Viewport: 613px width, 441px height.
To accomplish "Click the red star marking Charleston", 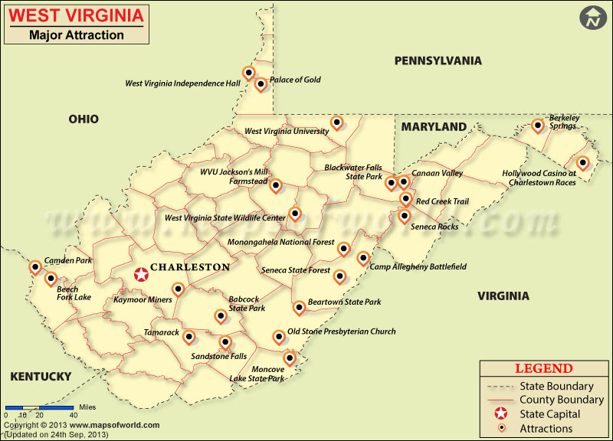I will coord(141,274).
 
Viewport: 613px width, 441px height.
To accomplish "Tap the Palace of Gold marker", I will coord(261,83).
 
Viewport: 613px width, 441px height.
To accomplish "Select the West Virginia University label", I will coord(286,131).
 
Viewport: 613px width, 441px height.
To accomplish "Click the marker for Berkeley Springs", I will coord(538,125).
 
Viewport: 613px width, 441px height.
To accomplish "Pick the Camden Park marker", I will coord(34,266).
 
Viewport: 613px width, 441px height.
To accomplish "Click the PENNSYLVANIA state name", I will coord(438,60).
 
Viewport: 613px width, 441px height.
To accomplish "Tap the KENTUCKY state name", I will coord(41,376).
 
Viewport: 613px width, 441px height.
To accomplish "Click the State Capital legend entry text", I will coord(549,414).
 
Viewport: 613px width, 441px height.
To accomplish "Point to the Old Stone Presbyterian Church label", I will coord(341,332).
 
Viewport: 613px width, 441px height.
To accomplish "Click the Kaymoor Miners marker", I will coord(178,289).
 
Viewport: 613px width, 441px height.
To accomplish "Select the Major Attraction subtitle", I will coord(76,34).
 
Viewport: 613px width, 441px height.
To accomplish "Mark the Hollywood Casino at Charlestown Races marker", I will coord(582,162).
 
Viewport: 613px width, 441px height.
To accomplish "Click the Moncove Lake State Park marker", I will coord(290,358).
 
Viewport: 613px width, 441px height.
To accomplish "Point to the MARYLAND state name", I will coord(434,126).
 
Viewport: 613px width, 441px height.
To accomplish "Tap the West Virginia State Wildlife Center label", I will coord(225,218).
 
